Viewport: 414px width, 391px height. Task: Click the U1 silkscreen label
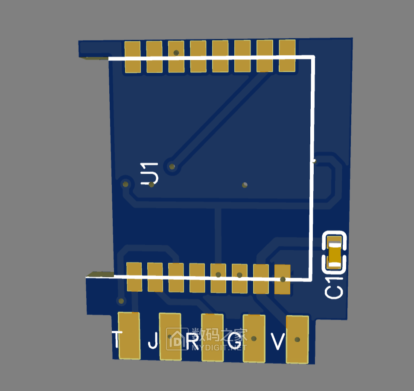coord(149,173)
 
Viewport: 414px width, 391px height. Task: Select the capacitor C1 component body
coord(335,252)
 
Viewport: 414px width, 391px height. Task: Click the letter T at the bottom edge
coord(117,339)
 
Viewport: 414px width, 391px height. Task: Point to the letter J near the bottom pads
coord(153,341)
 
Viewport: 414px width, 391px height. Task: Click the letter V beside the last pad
coord(278,341)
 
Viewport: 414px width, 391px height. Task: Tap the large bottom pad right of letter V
coord(297,339)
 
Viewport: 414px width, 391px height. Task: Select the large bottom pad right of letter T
coord(129,336)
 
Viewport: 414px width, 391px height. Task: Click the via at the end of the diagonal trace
coord(172,166)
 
